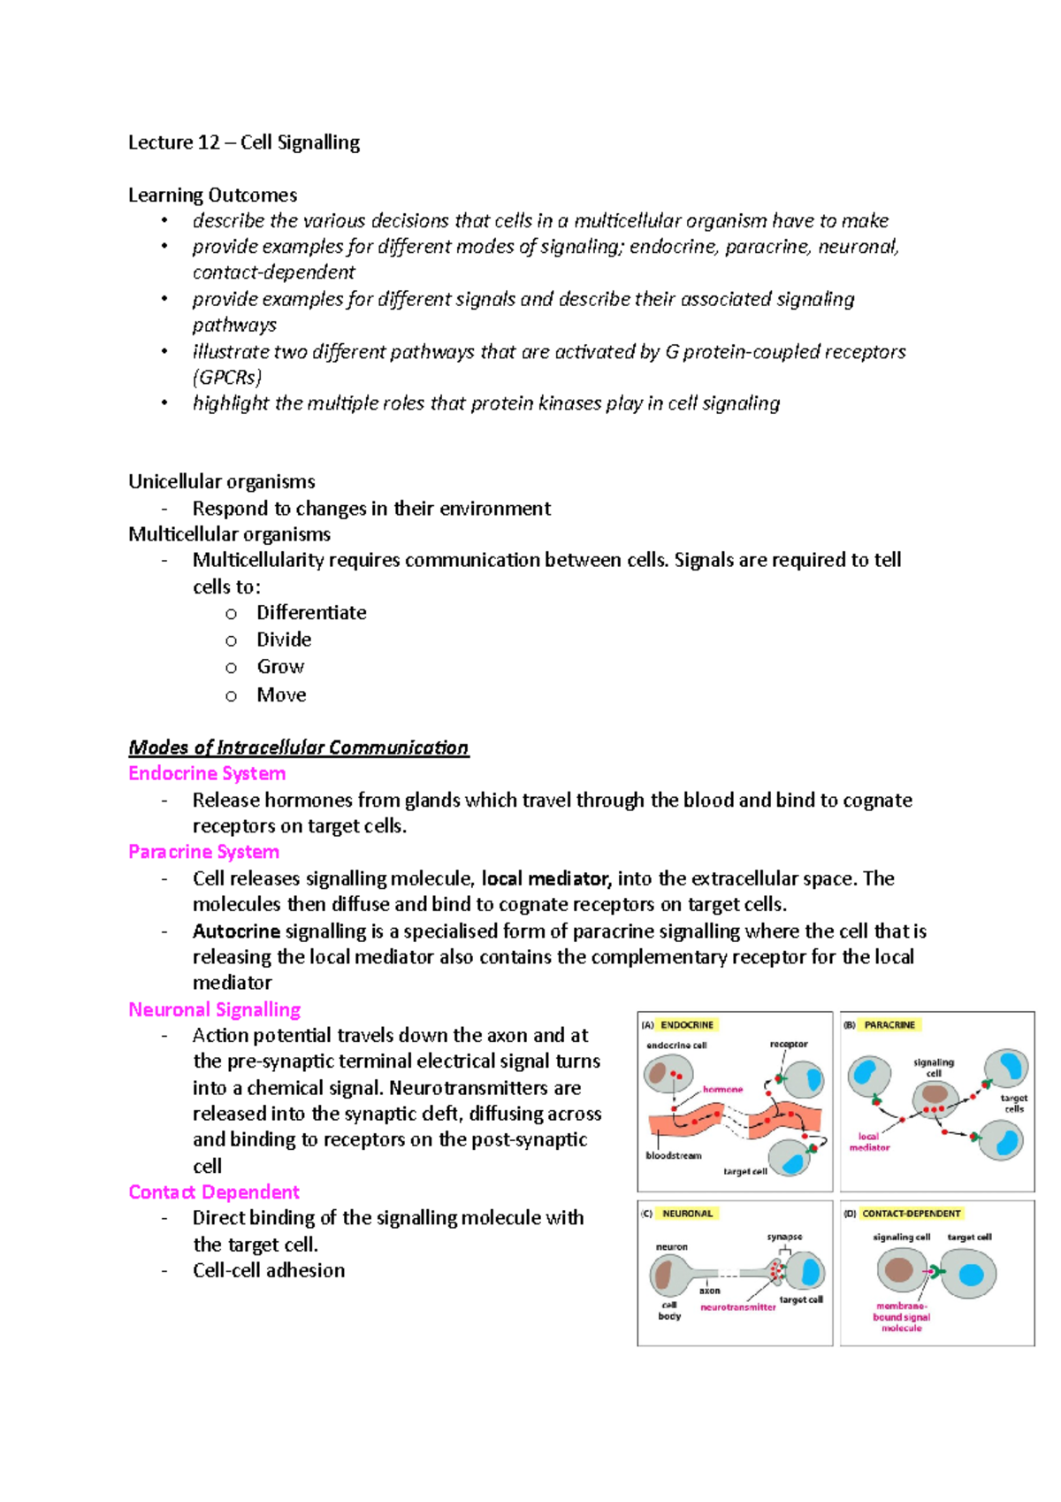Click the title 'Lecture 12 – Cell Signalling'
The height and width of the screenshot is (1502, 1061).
[x=244, y=142]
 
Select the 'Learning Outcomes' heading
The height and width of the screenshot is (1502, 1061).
[x=212, y=195]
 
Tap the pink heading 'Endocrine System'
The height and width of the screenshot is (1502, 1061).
[x=207, y=773]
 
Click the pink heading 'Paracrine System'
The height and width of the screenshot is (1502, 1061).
[x=203, y=852]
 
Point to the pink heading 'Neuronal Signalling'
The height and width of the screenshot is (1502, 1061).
[x=214, y=1009]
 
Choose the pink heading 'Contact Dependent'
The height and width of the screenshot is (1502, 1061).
[x=214, y=1192]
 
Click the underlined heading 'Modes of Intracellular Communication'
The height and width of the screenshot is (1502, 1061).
[x=298, y=747]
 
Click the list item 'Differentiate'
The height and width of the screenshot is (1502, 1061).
[x=311, y=613]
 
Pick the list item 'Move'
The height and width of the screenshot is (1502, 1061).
[x=281, y=695]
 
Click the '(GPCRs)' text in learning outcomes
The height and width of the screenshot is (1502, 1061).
[x=227, y=378]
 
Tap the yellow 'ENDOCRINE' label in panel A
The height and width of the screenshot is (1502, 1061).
[x=687, y=1025]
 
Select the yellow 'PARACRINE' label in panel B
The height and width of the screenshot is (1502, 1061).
[x=889, y=1025]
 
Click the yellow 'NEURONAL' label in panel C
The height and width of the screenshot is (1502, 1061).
[x=687, y=1214]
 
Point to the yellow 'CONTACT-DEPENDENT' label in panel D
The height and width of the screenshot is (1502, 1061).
[x=911, y=1214]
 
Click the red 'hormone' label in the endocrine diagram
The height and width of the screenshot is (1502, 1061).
[x=722, y=1090]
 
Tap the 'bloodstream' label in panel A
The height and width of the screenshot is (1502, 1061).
[x=674, y=1155]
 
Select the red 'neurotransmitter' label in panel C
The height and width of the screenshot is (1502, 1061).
[x=737, y=1307]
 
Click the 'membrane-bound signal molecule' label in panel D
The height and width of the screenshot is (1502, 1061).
[x=901, y=1317]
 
